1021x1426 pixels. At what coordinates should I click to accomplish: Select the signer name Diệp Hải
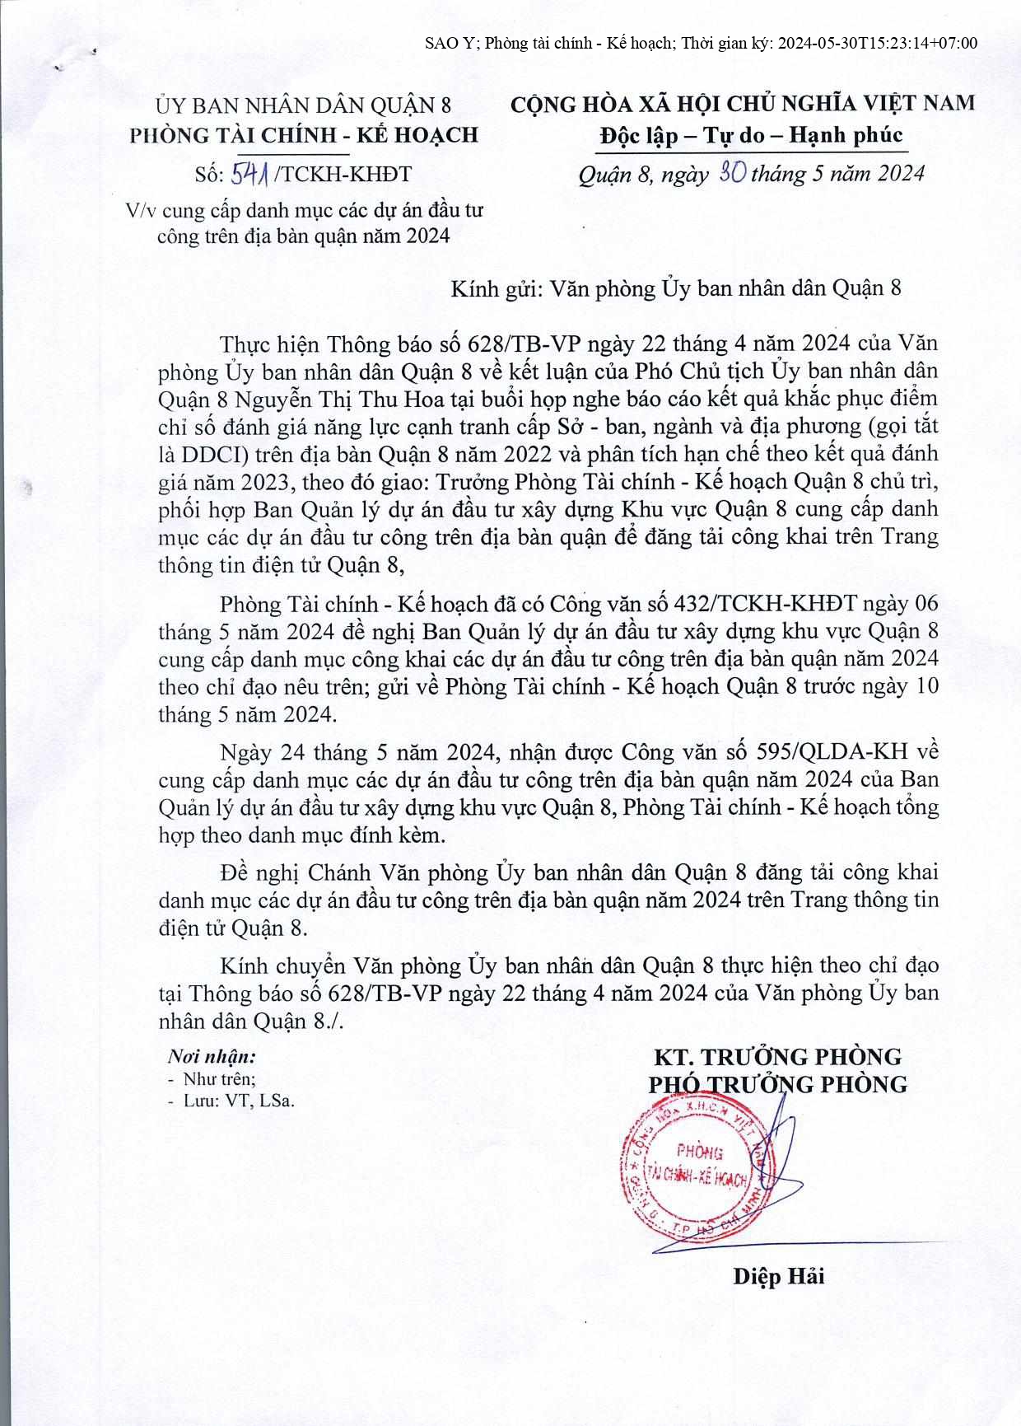point(778,1276)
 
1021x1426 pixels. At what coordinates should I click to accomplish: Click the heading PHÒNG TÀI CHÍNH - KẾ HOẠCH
point(304,135)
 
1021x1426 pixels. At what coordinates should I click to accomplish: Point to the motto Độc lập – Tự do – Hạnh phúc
point(750,135)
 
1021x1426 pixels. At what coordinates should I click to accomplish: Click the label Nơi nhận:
point(212,1057)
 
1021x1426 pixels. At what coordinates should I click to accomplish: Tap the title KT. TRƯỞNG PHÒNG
point(777,1057)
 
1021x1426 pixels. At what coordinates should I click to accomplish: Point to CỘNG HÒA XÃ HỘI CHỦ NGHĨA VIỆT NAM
point(743,104)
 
